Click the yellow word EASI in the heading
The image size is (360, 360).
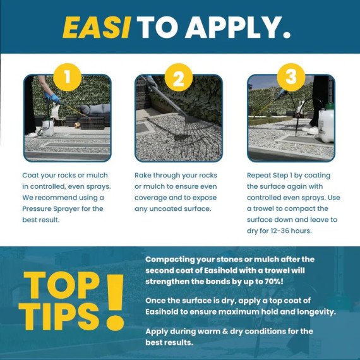(97, 27)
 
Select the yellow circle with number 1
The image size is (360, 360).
(68, 77)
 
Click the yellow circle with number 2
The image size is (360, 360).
(179, 78)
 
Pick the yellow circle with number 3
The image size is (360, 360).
(291, 77)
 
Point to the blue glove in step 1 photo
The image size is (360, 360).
(54, 98)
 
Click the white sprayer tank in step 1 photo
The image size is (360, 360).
(48, 127)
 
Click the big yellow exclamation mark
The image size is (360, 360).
(115, 302)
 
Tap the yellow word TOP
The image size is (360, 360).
(61, 285)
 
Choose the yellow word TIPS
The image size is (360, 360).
(59, 316)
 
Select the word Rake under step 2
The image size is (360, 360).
(143, 175)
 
